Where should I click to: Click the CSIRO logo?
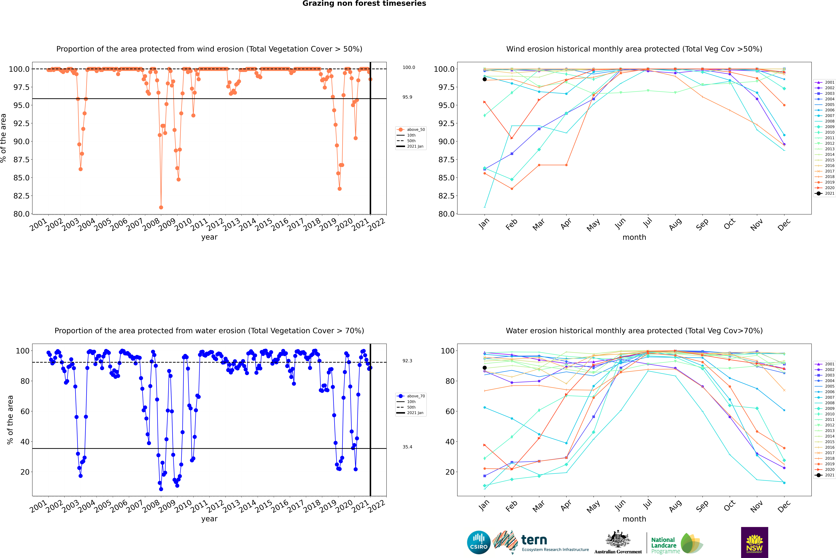pos(479,542)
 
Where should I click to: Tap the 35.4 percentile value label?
pos(407,447)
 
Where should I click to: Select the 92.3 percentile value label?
pos(407,361)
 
